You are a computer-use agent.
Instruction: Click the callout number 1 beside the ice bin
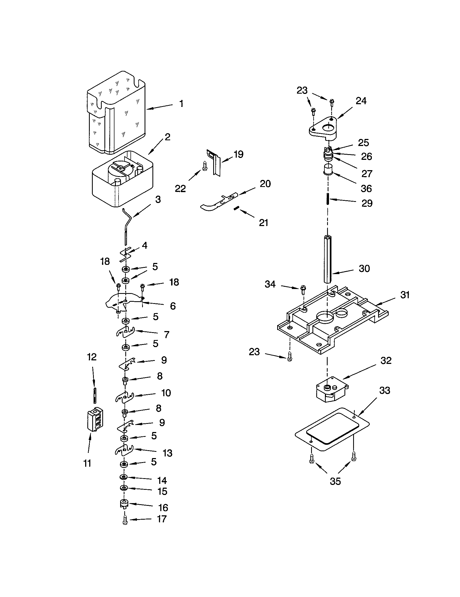click(x=181, y=104)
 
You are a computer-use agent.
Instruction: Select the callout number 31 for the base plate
click(x=405, y=295)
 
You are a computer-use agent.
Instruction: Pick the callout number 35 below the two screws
click(x=335, y=489)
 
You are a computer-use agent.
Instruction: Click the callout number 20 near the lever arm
click(x=265, y=184)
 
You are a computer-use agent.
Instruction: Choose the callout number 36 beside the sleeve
click(x=366, y=188)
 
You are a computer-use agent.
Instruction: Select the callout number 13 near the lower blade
click(x=167, y=453)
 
